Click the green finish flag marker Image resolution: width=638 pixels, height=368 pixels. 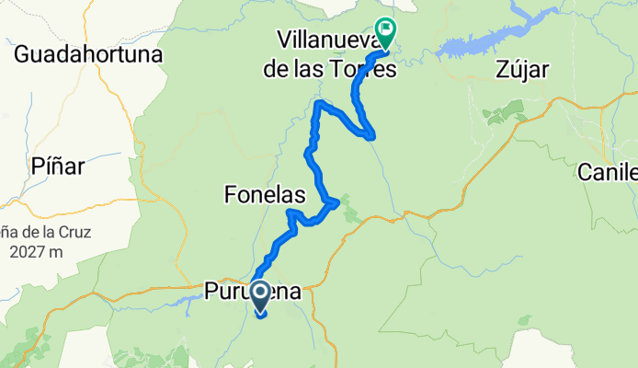385,34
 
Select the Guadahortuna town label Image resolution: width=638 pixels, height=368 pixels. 88,54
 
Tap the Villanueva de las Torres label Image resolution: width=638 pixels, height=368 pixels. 336,53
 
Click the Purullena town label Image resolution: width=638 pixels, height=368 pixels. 252,293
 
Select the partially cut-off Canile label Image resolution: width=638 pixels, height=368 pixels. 609,171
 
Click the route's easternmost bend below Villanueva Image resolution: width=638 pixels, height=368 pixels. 371,136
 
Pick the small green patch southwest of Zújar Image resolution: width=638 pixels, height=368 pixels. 503,115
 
